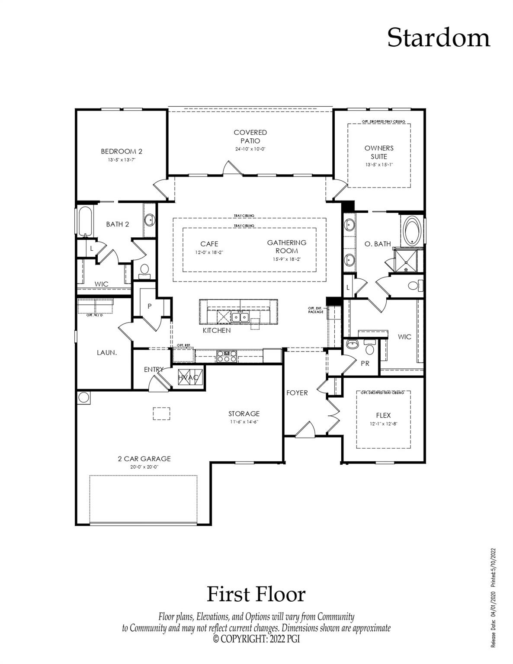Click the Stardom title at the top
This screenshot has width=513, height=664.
[438, 38]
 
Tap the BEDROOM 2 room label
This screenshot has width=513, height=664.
[122, 151]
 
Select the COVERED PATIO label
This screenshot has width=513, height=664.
[250, 137]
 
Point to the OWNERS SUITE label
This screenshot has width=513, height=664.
[379, 152]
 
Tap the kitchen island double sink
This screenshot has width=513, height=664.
[240, 317]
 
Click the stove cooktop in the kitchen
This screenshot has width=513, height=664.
[227, 356]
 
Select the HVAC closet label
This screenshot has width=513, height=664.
[188, 377]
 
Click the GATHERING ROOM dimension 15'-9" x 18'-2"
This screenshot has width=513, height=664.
[286, 259]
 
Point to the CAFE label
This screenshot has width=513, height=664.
[209, 244]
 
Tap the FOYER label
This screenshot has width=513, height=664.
[297, 393]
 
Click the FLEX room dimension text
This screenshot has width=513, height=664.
[383, 424]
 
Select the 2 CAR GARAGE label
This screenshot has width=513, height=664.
[144, 459]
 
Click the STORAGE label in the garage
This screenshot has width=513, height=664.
[244, 414]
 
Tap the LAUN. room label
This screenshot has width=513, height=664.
[106, 352]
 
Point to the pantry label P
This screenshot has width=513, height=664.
[150, 306]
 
